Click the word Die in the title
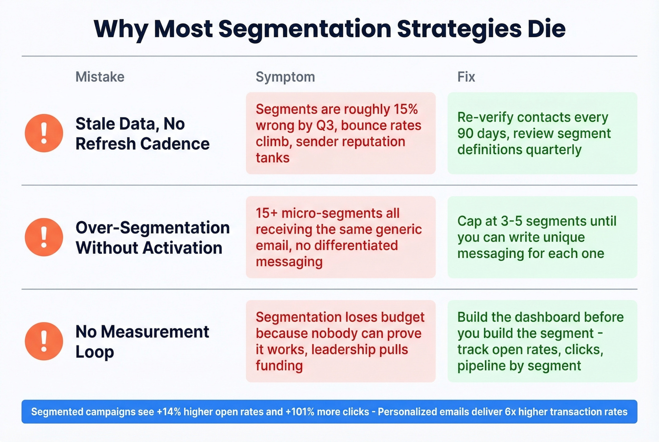click(x=546, y=29)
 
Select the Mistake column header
click(x=100, y=77)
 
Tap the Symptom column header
click(x=285, y=77)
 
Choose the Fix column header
click(x=466, y=77)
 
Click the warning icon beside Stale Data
click(x=44, y=133)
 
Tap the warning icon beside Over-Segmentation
click(x=44, y=237)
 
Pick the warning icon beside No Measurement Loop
click(x=44, y=341)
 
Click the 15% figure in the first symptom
click(x=406, y=109)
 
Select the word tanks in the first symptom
click(x=273, y=158)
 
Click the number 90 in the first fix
click(x=465, y=133)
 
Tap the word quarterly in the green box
click(x=554, y=150)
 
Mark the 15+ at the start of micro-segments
click(x=266, y=213)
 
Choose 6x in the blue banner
click(x=510, y=412)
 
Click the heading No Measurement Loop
click(x=142, y=341)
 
